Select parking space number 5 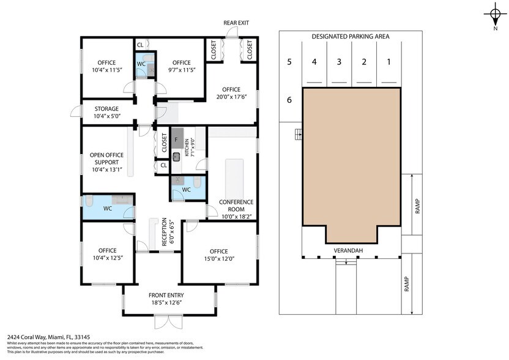tap(290, 61)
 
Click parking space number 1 tap(388, 61)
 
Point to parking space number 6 tap(290, 100)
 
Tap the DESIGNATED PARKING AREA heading tap(351, 36)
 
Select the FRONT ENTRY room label tap(169, 298)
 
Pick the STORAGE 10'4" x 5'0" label tap(106, 113)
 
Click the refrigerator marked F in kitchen tap(177, 139)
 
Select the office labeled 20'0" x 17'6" tap(231, 93)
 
